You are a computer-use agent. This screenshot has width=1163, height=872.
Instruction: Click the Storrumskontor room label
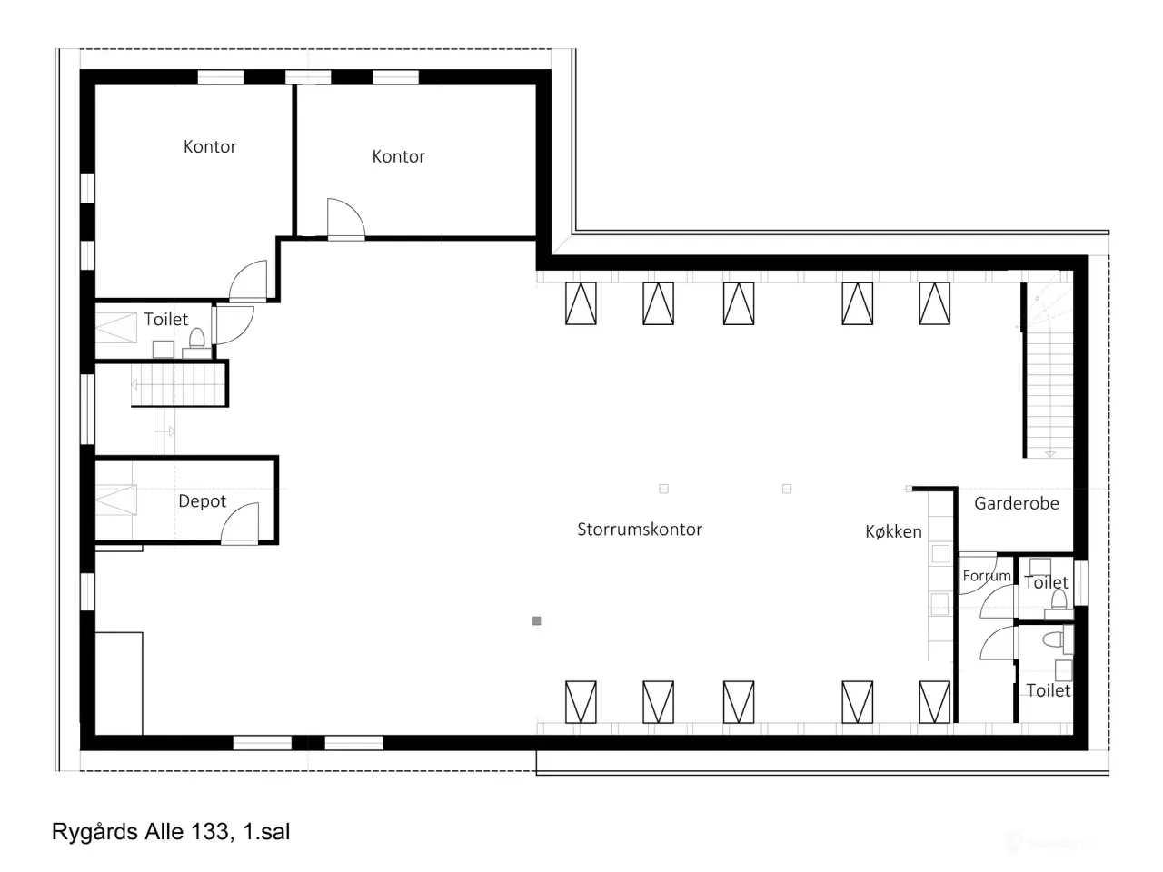640,529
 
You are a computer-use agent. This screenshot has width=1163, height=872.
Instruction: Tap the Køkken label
893,531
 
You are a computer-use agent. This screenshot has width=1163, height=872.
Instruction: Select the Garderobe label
1016,503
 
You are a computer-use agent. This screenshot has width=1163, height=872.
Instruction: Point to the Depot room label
202,500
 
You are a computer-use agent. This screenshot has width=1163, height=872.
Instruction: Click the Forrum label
987,576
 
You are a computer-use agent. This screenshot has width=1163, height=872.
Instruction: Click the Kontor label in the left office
210,146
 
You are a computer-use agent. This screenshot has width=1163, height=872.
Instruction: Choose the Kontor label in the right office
399,157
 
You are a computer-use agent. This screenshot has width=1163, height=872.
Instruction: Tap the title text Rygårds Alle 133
143,832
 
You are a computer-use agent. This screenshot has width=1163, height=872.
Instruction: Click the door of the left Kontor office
248,281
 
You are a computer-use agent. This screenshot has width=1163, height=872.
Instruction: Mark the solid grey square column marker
537,621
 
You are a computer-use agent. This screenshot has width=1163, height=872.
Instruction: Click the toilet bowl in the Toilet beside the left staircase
197,338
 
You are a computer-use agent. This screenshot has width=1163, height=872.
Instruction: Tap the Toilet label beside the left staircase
166,319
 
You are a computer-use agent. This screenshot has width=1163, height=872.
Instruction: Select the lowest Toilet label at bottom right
1048,690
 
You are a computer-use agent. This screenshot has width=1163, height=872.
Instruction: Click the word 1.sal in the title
266,832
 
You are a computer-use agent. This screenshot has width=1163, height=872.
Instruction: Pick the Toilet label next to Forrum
1047,582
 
